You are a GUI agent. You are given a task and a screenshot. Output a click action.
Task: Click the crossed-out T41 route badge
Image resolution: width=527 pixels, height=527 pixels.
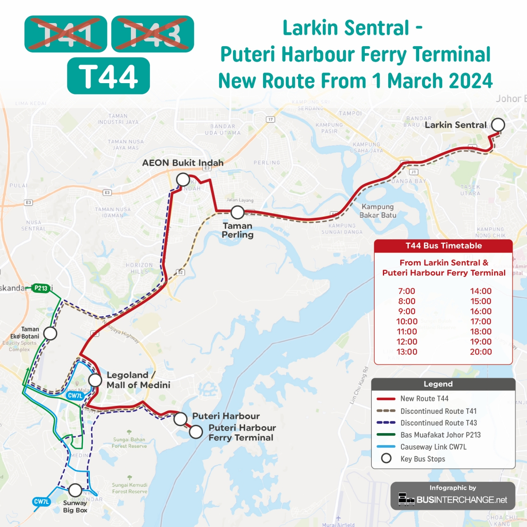pyautogui.click(x=66, y=34)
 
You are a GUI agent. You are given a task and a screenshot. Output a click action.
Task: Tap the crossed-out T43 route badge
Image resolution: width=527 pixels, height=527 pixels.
pyautogui.click(x=153, y=34)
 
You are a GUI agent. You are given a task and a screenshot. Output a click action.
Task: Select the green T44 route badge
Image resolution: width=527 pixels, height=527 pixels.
pyautogui.click(x=109, y=76)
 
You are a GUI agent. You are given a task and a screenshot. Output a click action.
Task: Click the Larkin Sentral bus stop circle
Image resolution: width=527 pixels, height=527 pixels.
pyautogui.click(x=498, y=125)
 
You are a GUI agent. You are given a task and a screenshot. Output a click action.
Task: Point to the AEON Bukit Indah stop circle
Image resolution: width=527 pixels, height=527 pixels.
pyautogui.click(x=183, y=180)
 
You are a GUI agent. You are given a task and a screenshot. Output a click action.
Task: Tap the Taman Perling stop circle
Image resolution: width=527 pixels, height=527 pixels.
pyautogui.click(x=238, y=212)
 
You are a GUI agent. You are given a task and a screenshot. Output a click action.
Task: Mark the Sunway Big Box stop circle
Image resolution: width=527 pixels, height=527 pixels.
pyautogui.click(x=75, y=490)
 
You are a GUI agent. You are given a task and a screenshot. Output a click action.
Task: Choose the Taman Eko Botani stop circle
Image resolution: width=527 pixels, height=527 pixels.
pyautogui.click(x=50, y=333)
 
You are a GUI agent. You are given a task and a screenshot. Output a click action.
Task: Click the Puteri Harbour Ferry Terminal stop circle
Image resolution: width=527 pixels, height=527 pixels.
pyautogui.click(x=196, y=432)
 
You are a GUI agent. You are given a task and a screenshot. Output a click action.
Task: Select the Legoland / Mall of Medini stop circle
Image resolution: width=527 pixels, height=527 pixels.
pyautogui.click(x=95, y=380)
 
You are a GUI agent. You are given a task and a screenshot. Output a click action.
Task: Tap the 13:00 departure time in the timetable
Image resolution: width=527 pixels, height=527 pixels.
pyautogui.click(x=407, y=352)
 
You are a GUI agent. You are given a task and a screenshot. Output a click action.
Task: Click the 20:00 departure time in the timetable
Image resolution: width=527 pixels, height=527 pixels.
pyautogui.click(x=481, y=352)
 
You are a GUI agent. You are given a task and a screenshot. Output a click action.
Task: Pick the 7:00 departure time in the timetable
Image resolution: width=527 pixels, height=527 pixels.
pyautogui.click(x=407, y=291)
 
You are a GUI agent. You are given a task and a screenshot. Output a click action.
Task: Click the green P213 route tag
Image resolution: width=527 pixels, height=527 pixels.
pyautogui.click(x=41, y=288)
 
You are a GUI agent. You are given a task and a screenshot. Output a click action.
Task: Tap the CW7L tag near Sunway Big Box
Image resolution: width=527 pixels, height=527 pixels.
pyautogui.click(x=42, y=501)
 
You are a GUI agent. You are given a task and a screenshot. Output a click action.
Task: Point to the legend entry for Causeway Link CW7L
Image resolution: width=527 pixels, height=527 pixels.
pyautogui.click(x=433, y=447)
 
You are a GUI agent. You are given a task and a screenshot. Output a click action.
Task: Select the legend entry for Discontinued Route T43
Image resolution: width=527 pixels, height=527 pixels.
pyautogui.click(x=438, y=423)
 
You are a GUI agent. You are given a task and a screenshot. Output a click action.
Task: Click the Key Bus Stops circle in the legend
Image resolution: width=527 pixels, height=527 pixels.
pyautogui.click(x=386, y=458)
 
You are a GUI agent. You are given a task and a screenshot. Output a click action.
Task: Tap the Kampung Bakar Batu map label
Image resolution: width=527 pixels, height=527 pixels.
pyautogui.click(x=378, y=211)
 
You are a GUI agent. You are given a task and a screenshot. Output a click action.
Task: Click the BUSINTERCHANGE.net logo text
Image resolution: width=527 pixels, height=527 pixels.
pyautogui.click(x=462, y=500)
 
